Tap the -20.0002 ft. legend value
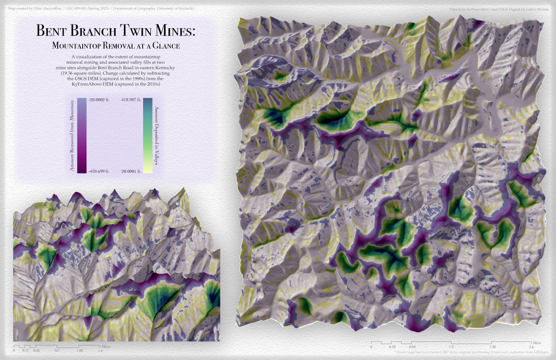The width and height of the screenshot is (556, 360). coord(99,100)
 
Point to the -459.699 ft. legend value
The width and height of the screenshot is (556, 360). coord(99,171)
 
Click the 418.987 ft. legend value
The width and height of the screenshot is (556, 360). coord(132,100)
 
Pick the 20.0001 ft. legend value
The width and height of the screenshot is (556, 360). coord(132,171)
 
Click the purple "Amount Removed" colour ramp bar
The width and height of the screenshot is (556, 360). coord(80,135)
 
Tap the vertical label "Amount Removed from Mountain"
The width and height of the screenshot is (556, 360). coord(72,135)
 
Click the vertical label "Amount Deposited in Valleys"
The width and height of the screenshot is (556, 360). coord(157,135)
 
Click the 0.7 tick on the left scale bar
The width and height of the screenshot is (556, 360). coord(57,350)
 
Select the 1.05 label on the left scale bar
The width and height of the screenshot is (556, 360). coord(79,350)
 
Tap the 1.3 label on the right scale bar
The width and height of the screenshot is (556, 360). coord(451,347)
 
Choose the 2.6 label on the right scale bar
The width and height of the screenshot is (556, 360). coord(531,347)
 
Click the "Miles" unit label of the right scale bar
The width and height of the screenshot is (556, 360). coord(537,342)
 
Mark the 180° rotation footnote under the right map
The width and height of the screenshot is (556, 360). coord(472,352)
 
